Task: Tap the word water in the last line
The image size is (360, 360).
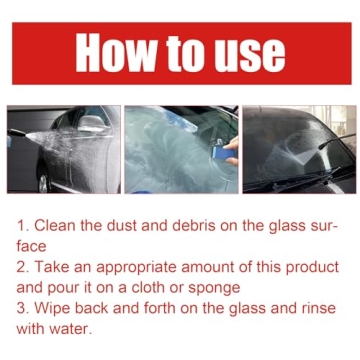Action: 82,329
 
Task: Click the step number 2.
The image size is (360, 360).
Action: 23,267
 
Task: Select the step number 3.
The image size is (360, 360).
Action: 23,308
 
